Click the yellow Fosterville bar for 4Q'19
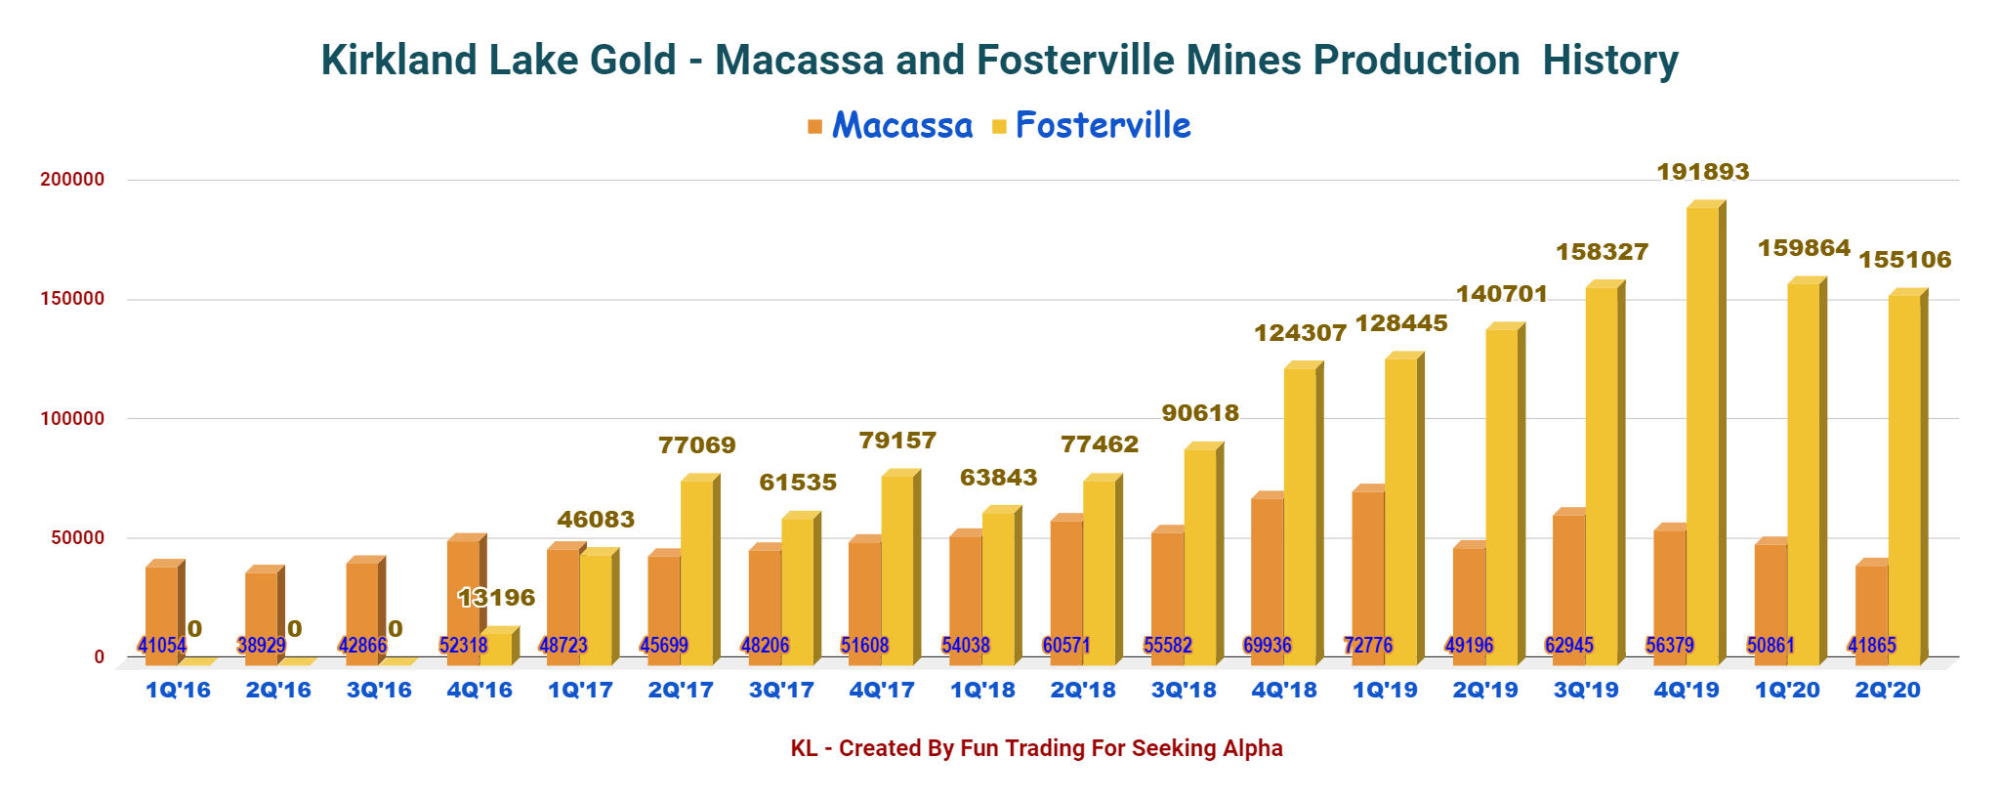(1702, 430)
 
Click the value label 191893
(1702, 172)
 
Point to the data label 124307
(1300, 333)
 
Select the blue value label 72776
(1367, 646)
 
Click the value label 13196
(496, 597)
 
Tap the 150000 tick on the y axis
(72, 299)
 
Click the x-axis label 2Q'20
(1887, 691)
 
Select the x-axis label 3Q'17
(780, 691)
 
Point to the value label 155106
(1903, 260)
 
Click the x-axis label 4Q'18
(1283, 691)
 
